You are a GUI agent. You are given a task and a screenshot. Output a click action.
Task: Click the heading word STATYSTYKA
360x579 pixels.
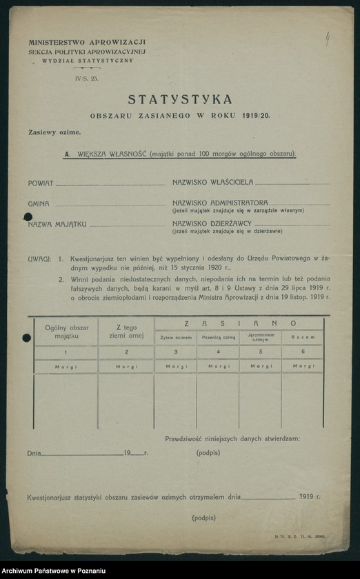[x=179, y=99]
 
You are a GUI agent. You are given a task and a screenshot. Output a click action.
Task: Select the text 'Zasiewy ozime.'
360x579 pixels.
[x=54, y=132]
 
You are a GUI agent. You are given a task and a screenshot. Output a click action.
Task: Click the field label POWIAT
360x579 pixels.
[x=40, y=183]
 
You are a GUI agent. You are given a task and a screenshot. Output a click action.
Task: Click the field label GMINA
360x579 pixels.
[x=39, y=204]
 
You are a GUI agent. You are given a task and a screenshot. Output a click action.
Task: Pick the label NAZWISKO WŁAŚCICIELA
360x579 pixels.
[x=213, y=182]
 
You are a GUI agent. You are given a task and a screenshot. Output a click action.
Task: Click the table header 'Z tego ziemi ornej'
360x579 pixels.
[x=126, y=331]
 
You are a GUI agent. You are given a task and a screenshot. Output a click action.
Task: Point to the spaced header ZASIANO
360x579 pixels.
[x=239, y=323]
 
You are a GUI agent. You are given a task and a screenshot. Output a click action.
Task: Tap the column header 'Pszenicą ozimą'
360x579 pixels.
[x=218, y=338]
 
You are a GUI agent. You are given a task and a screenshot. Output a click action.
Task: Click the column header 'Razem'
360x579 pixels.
[x=302, y=338]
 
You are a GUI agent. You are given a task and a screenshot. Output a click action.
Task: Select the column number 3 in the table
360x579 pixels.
[x=176, y=352]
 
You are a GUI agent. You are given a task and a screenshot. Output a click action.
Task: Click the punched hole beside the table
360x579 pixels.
[x=27, y=338]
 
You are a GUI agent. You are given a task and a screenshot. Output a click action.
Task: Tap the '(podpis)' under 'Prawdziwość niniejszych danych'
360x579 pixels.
[x=208, y=453]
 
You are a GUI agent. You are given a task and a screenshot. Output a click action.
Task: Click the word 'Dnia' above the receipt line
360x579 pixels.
[x=34, y=454]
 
